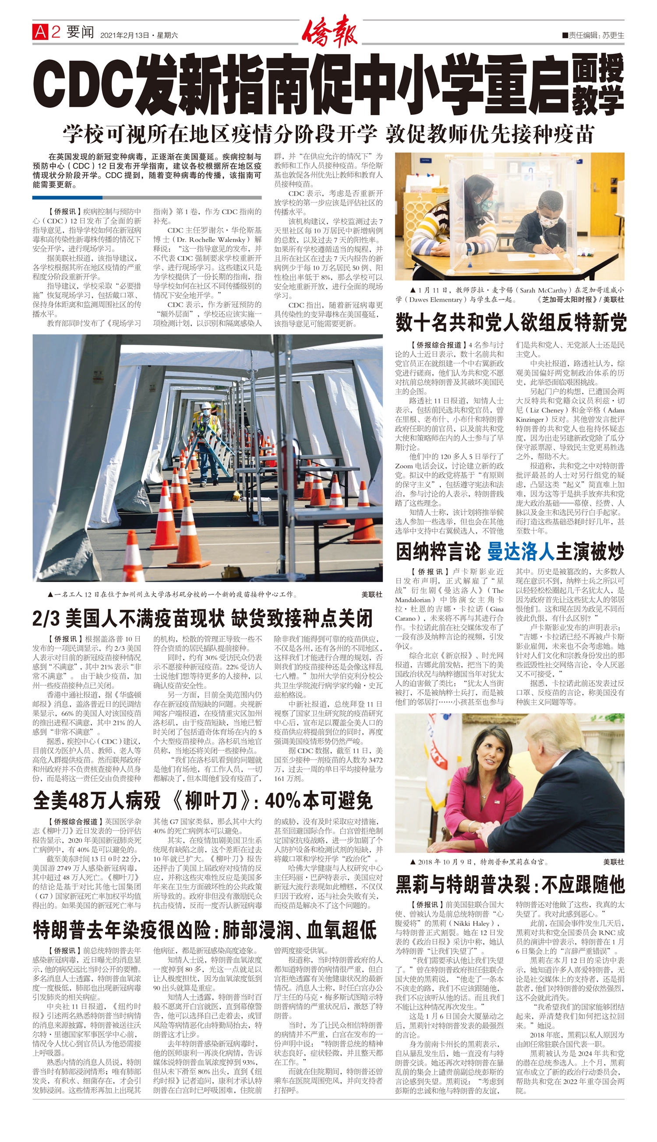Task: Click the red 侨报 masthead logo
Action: [x=329, y=31]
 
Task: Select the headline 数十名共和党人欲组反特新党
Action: [x=510, y=322]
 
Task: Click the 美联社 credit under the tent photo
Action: [x=372, y=595]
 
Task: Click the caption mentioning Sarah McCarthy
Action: [x=510, y=295]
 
